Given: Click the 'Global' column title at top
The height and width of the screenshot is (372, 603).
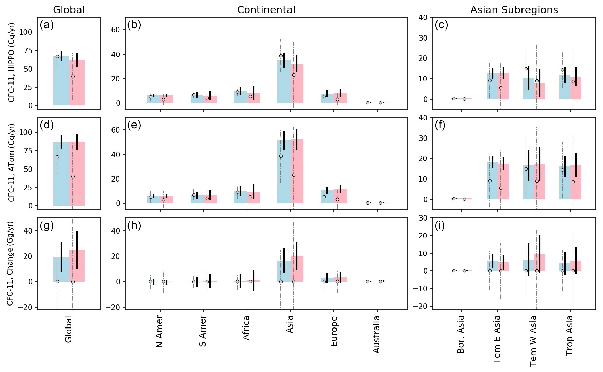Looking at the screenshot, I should [x=69, y=10].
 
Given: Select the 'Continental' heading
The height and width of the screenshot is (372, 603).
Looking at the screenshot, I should [x=266, y=10].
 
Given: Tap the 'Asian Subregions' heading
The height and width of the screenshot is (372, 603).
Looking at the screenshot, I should [x=514, y=10].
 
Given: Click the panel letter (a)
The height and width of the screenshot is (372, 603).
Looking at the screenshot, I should [x=47, y=25].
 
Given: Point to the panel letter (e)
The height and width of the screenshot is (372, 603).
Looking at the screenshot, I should [x=134, y=125].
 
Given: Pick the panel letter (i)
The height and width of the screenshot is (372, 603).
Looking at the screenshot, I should [x=441, y=225].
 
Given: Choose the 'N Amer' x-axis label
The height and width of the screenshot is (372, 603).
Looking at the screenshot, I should [x=160, y=332].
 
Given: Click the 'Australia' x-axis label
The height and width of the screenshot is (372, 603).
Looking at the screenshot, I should [x=377, y=334].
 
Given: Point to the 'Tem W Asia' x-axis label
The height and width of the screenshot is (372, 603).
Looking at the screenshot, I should [x=533, y=340].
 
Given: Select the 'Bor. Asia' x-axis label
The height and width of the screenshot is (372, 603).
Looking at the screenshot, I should [x=461, y=334].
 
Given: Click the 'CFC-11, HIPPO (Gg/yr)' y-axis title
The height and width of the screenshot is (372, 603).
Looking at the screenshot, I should [x=11, y=63].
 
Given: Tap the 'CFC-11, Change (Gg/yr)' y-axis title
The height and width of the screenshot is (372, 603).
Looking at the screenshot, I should [x=10, y=263].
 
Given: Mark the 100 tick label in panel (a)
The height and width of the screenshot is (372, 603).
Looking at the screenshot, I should [x=25, y=32].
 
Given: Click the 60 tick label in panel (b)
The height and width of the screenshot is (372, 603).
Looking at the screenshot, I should [x=116, y=30].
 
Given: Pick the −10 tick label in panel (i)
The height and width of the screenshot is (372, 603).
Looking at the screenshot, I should [x=420, y=288].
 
